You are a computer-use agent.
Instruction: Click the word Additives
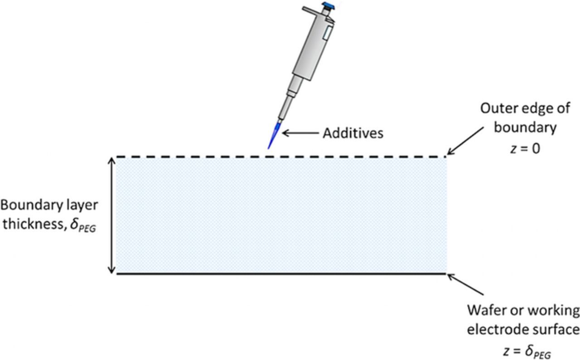[x=353, y=133]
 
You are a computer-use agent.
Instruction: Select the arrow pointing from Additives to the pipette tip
[x=301, y=133]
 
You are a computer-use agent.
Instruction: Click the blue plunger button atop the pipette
[x=328, y=5]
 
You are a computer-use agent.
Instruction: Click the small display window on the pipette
[x=327, y=32]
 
